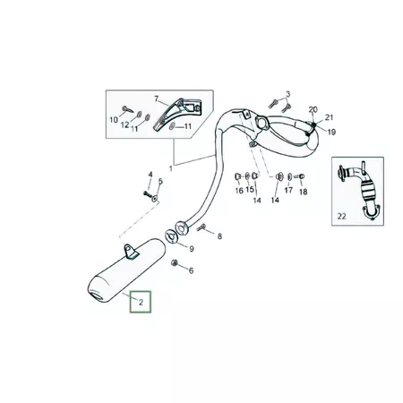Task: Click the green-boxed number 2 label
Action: [141, 302]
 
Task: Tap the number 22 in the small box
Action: [341, 216]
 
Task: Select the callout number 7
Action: [156, 99]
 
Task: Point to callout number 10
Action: [114, 120]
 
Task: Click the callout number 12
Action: [124, 124]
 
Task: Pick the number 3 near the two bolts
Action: [287, 94]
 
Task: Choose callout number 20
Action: [313, 109]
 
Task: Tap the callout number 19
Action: [331, 132]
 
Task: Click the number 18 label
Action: [303, 192]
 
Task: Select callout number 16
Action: [239, 191]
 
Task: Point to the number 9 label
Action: [192, 249]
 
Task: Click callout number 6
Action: [191, 270]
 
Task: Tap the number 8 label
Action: [219, 236]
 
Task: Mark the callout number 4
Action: [150, 175]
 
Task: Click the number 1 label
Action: [171, 168]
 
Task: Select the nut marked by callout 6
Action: [175, 262]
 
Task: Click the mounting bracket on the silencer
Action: [132, 251]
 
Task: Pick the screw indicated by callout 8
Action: [201, 227]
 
